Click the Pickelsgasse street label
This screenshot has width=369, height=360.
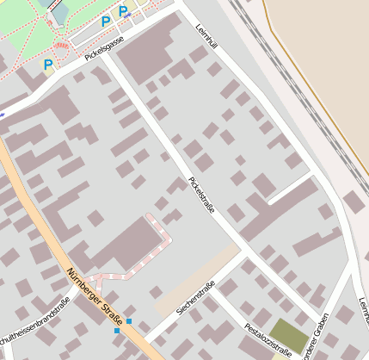point(105,49)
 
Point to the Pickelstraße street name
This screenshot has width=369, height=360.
point(200,196)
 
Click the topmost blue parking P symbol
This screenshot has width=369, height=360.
point(124,11)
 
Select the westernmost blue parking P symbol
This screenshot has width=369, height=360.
point(48,64)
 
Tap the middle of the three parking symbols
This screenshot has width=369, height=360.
point(106,22)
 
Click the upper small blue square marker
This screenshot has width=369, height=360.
point(129,321)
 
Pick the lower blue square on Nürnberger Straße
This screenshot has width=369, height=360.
point(117,331)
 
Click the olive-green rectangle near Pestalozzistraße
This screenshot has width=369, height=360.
point(288,336)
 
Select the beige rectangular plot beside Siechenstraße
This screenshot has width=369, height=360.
point(197,280)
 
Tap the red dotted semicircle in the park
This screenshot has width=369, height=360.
point(61,46)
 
